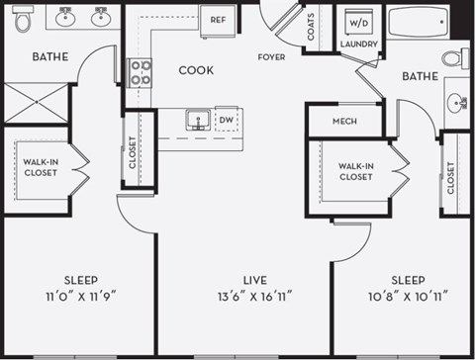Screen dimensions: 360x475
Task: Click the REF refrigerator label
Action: [x=216, y=18]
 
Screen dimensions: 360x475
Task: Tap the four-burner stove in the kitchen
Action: [x=141, y=71]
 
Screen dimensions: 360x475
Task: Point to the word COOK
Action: [x=196, y=70]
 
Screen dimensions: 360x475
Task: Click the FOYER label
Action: [x=271, y=57]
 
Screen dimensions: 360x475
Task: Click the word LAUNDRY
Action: [x=358, y=45]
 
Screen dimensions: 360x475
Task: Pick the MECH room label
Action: [x=343, y=123]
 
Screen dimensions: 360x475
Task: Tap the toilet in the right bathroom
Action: [x=455, y=57]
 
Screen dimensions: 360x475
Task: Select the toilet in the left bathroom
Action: [x=25, y=17]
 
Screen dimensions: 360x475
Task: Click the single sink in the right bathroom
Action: [x=457, y=102]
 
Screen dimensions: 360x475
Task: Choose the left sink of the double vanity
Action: [x=67, y=17]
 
